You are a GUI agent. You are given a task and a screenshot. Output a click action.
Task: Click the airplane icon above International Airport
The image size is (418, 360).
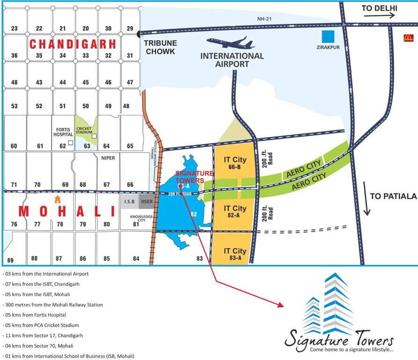click(x=230, y=44)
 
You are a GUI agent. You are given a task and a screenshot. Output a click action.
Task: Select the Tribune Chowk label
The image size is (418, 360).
click(x=159, y=47)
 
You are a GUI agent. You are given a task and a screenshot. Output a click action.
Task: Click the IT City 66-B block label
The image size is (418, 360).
click(x=235, y=163)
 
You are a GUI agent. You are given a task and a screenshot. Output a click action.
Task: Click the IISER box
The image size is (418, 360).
click(x=146, y=202)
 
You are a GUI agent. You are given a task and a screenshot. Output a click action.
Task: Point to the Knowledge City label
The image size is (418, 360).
click(x=142, y=218)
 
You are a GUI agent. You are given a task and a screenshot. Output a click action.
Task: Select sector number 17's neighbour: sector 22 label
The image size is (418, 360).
click(x=39, y=29)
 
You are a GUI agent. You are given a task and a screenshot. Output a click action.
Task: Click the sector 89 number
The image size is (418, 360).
click(x=10, y=260)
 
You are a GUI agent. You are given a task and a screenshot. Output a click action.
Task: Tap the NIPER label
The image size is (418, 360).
click(x=108, y=158)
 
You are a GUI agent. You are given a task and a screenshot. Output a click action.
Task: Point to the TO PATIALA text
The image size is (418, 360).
click(x=393, y=196)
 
